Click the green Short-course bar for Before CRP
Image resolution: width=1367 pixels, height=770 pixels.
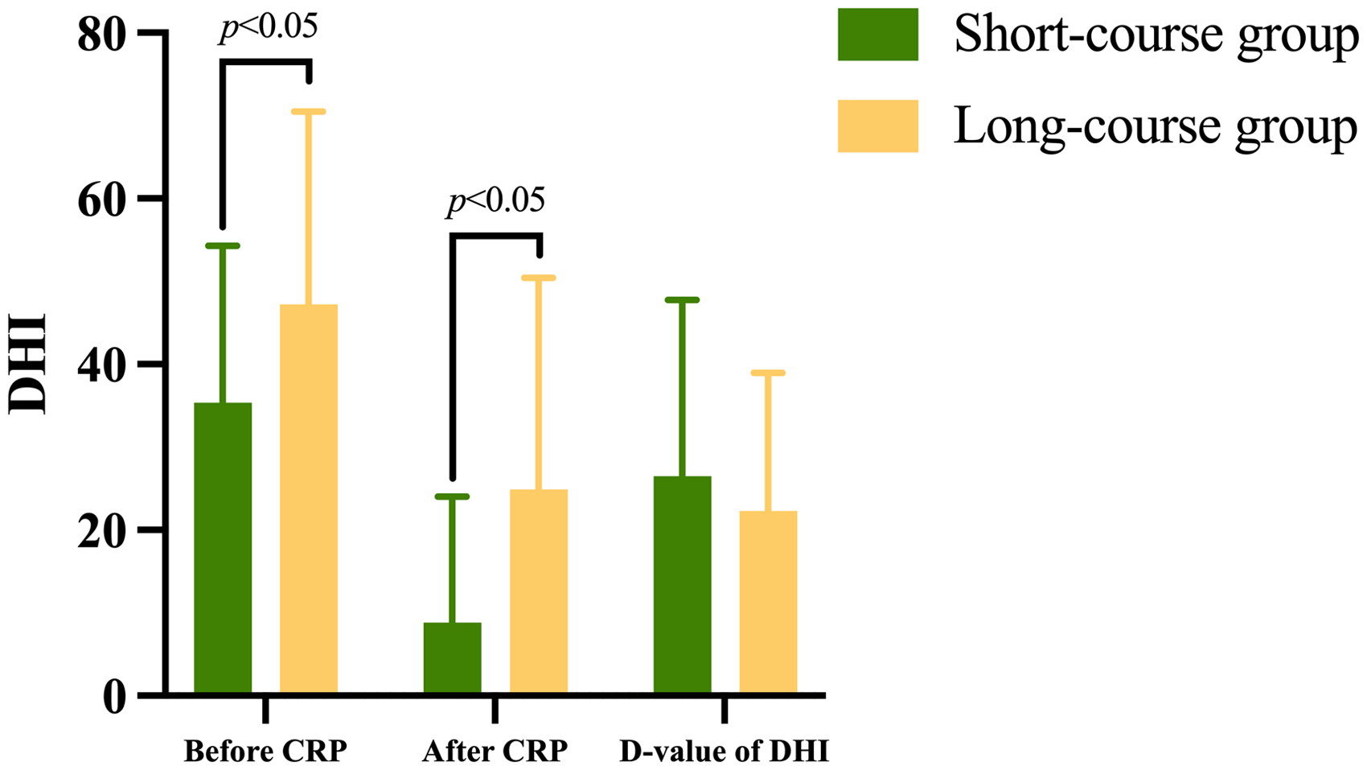pos(223,548)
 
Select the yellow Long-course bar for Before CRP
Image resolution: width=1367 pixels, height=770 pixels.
pos(309,498)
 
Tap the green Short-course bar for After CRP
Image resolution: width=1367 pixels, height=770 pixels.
pos(452,657)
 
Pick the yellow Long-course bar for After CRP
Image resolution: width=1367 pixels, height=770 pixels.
pos(539,591)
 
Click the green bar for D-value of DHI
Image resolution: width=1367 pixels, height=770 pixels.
pos(682,584)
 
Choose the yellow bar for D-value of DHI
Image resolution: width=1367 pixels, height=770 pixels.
pos(768,602)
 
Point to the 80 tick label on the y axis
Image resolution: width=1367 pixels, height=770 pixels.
pos(102,35)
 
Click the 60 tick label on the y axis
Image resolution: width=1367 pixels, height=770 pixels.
pos(102,200)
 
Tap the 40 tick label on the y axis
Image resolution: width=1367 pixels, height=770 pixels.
pos(102,366)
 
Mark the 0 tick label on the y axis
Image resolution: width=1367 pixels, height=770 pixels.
pos(115,697)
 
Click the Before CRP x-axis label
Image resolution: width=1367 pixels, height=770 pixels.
pos(265,751)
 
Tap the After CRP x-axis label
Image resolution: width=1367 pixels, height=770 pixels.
pos(495,751)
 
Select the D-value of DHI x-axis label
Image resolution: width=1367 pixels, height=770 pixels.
pos(725,751)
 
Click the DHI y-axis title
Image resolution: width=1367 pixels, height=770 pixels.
pos(27,364)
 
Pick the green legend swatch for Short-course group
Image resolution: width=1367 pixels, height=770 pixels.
pos(878,34)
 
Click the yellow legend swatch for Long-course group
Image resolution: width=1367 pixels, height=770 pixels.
pos(878,126)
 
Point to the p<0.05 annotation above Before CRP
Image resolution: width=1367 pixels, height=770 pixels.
pos(269,27)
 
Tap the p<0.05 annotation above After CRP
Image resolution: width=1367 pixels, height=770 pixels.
pos(495,201)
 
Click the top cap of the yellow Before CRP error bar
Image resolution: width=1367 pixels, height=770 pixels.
pos(309,111)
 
